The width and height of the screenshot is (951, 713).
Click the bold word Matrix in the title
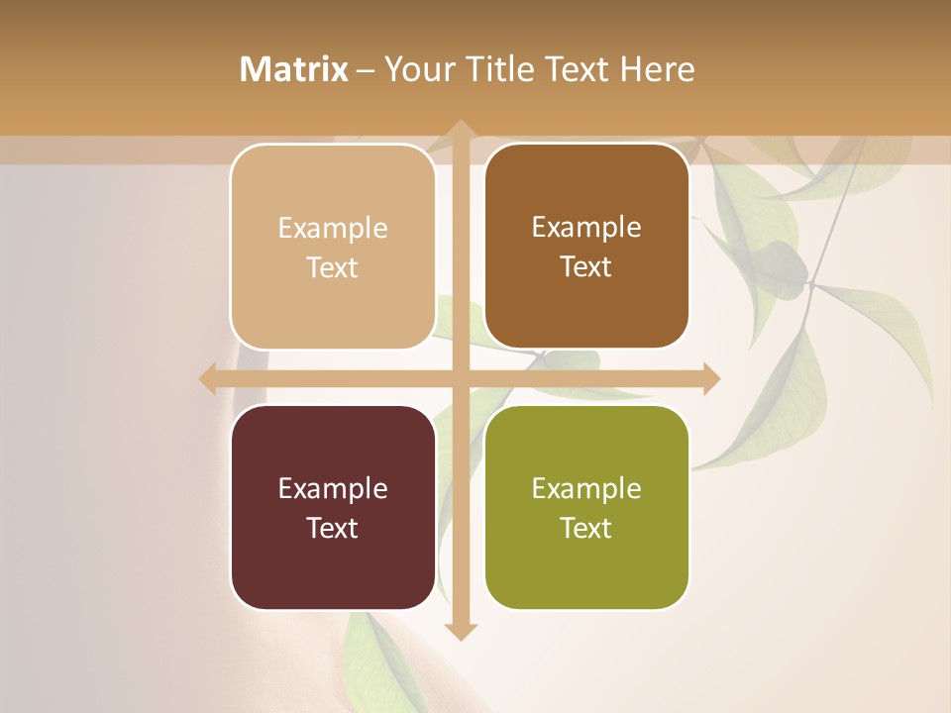(294, 69)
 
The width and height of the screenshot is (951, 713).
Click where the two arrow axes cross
(460, 378)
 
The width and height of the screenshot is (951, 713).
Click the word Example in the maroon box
(333, 488)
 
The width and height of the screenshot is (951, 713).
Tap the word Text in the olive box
(586, 528)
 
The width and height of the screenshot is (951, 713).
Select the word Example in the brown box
(586, 227)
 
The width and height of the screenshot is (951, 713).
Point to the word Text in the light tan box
(333, 267)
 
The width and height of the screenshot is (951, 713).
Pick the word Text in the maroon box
(333, 528)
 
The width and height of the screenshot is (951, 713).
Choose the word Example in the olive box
(586, 488)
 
